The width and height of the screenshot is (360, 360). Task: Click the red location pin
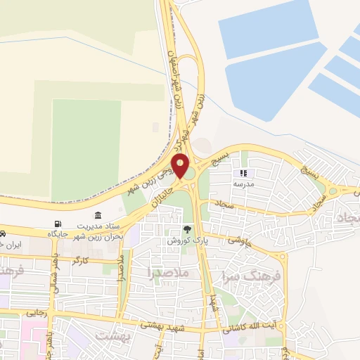pyautogui.click(x=181, y=166)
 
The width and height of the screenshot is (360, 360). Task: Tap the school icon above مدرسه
pyautogui.click(x=243, y=173)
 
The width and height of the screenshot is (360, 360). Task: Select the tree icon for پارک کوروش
pyautogui.click(x=187, y=229)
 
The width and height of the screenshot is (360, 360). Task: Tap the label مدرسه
pyautogui.click(x=243, y=183)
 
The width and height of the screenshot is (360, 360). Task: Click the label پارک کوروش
pyautogui.click(x=184, y=240)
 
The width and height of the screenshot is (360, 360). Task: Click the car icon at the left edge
pyautogui.click(x=3, y=233)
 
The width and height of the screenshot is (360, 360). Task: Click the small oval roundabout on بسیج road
pyautogui.click(x=332, y=191)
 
